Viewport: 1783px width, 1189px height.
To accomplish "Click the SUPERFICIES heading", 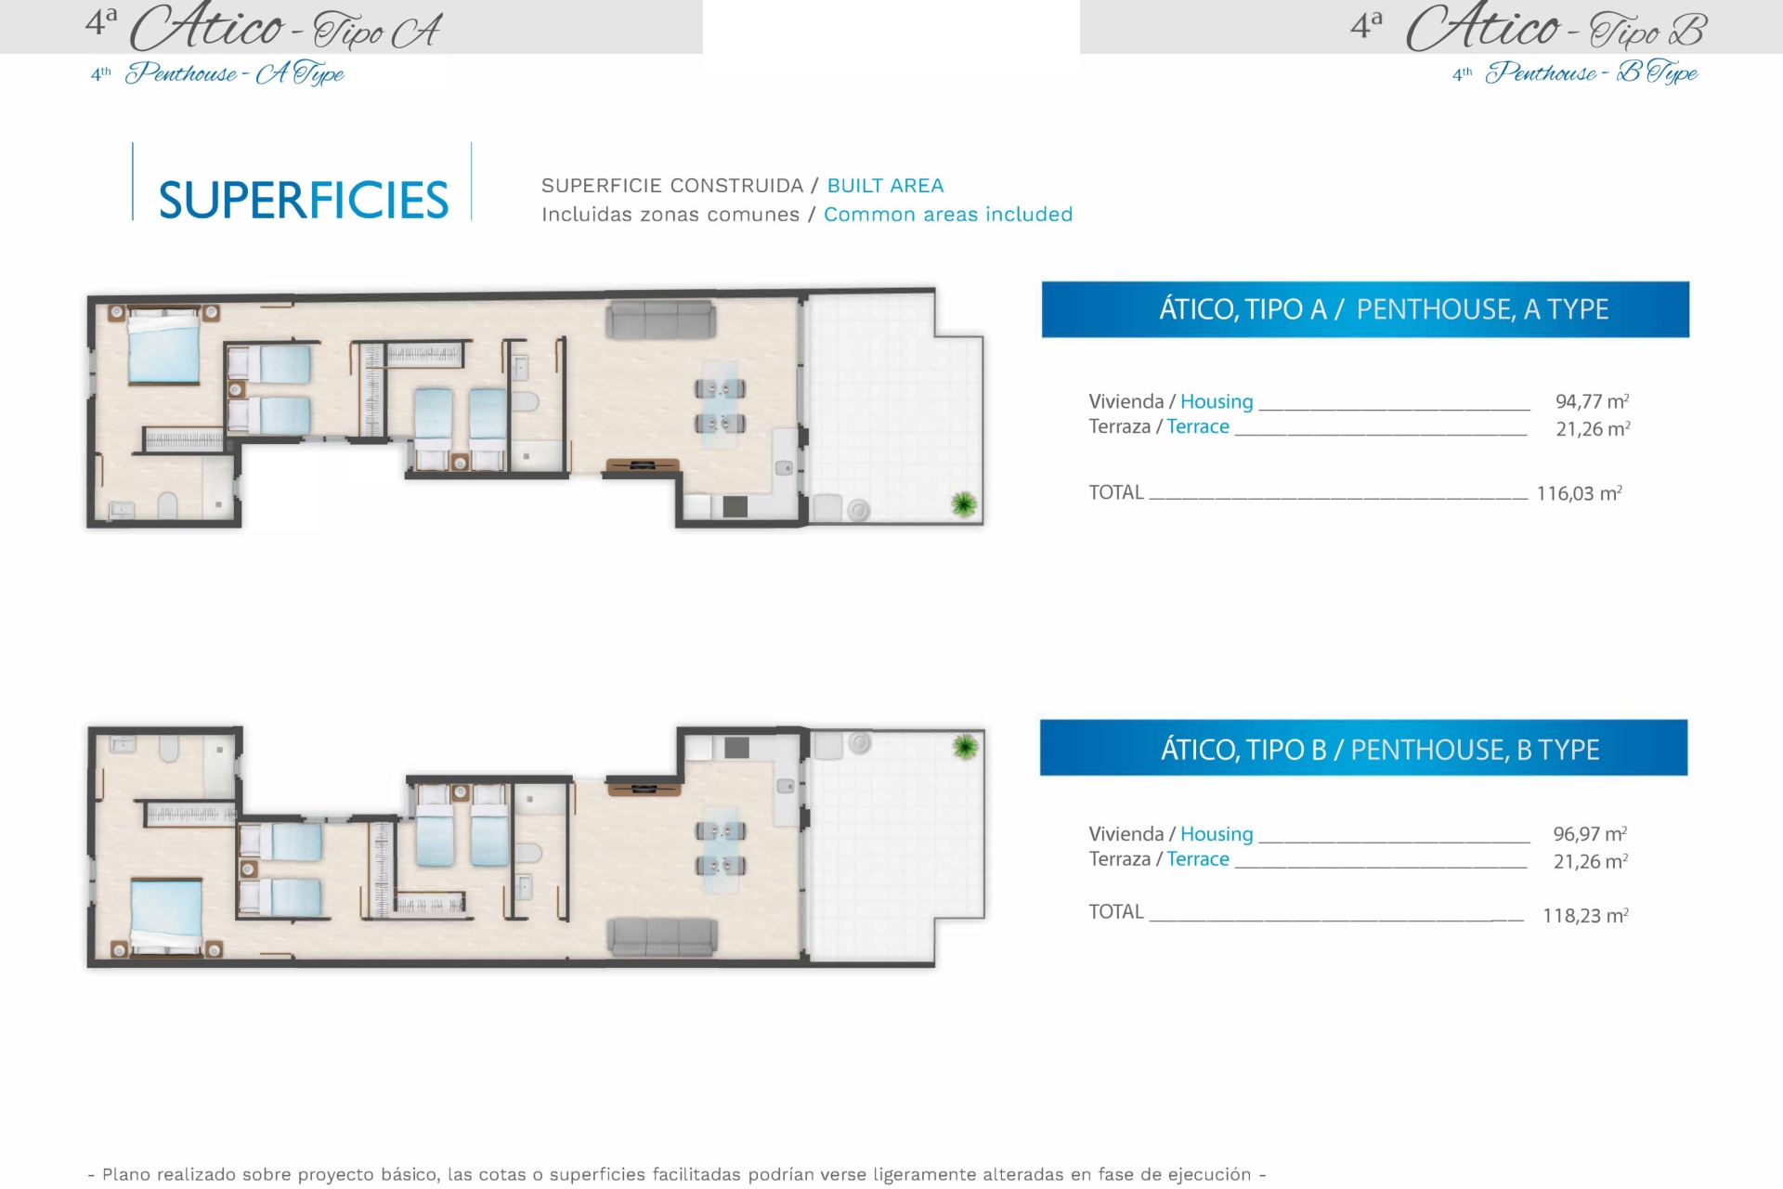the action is tap(304, 200).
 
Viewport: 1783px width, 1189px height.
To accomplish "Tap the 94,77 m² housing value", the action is tap(1592, 401).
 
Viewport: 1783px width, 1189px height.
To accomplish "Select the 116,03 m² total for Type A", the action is tap(1579, 493).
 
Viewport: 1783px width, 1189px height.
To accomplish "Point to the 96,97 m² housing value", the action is tap(1590, 833).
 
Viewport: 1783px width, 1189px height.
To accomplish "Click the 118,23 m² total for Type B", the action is tap(1585, 915).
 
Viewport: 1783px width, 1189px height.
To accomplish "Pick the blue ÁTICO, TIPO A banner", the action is tap(1365, 309).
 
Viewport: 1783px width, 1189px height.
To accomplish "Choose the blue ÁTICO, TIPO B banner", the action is tap(1363, 748).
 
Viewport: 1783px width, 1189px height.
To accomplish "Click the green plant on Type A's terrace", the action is tap(964, 503).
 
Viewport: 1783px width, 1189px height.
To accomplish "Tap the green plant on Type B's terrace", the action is tap(965, 747).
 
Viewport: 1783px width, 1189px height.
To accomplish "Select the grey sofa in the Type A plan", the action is tap(660, 320).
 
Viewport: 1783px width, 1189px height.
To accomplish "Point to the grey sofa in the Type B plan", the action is tap(662, 936).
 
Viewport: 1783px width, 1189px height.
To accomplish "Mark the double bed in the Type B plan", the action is tap(166, 917).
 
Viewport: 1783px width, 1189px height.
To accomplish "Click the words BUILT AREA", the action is tap(885, 186).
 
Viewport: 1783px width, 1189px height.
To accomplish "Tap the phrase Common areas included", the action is tap(948, 215).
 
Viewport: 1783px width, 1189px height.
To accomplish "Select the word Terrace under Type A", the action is tap(1198, 426).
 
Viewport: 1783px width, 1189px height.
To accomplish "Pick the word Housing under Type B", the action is tap(1217, 834).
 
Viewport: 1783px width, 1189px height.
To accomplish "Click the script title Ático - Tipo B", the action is tap(1556, 28).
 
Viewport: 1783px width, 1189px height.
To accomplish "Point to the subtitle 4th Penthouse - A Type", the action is tap(217, 73).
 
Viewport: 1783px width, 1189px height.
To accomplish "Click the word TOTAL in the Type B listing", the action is tap(1116, 912).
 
